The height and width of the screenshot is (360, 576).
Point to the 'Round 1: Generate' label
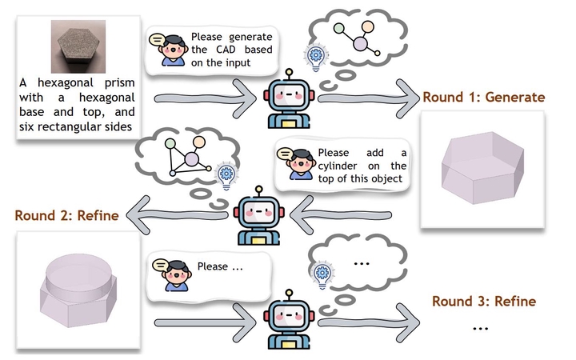[483, 97]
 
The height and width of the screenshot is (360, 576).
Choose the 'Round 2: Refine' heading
[66, 215]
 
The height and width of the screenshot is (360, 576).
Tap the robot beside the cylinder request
[257, 214]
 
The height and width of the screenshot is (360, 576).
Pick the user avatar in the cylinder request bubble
[298, 162]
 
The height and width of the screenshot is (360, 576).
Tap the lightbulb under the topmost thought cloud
[315, 58]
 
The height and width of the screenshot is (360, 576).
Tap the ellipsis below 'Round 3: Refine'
[480, 328]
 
